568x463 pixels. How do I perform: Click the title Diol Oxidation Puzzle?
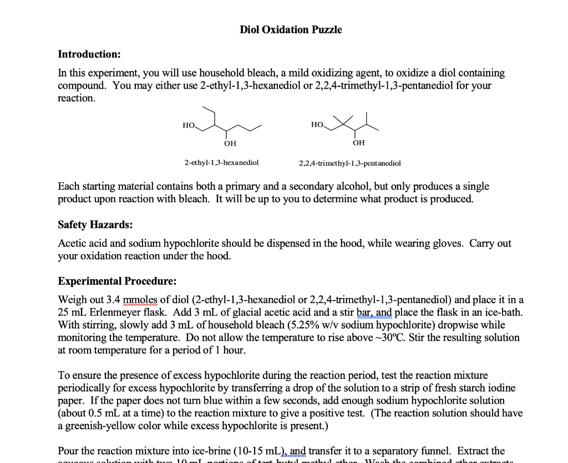[x=291, y=30]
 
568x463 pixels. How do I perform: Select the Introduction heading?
[x=89, y=54]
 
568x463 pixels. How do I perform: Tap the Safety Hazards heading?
[x=95, y=225]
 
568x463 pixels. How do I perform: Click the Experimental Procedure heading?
[x=117, y=281]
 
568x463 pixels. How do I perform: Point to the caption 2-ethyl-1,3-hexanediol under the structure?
[x=221, y=163]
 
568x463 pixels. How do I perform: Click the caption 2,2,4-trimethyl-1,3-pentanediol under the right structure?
[x=349, y=163]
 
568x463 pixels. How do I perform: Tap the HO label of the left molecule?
[x=189, y=126]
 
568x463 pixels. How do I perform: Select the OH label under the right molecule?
[x=359, y=143]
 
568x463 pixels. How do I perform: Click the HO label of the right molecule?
[x=317, y=125]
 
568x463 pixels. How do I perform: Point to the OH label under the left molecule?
[x=230, y=143]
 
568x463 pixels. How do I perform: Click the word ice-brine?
[x=218, y=451]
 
